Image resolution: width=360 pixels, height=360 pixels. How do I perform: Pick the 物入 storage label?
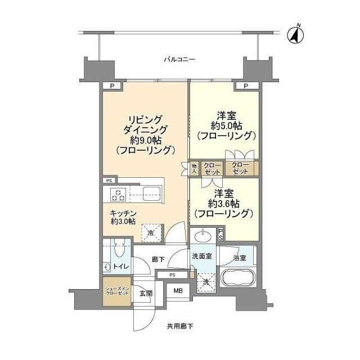click(194, 168)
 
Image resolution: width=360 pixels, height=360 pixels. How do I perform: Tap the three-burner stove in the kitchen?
click(119, 195)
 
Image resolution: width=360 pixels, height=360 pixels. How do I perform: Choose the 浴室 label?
click(240, 258)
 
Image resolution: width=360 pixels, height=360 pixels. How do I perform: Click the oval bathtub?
click(238, 278)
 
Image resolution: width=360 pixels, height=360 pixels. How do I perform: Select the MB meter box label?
click(178, 291)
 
